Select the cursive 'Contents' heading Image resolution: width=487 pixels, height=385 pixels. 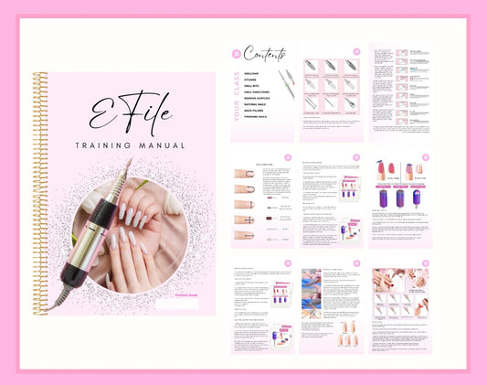pos(264,55)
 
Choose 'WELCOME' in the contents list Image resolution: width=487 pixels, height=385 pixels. pos(252,74)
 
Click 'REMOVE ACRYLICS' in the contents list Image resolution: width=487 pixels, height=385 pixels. pos(259,99)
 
